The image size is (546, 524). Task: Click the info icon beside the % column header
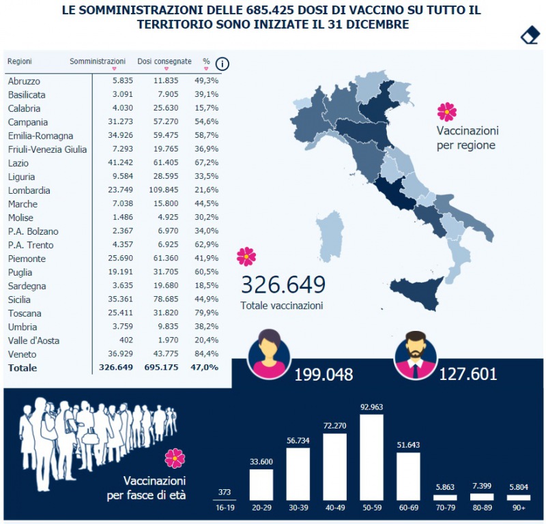pyautogui.click(x=222, y=64)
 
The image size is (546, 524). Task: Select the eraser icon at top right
pyautogui.click(x=530, y=35)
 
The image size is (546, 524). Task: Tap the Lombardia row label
pyautogui.click(x=29, y=190)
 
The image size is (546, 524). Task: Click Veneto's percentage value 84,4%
pyautogui.click(x=207, y=354)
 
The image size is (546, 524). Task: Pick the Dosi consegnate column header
pyautogui.click(x=164, y=61)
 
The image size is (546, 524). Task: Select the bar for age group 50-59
pyautogui.click(x=372, y=457)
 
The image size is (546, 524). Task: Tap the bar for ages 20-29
pyautogui.click(x=261, y=484)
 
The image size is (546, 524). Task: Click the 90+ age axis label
pyautogui.click(x=519, y=508)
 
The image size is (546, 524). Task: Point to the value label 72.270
pyautogui.click(x=335, y=426)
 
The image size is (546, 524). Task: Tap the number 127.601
pyautogui.click(x=468, y=375)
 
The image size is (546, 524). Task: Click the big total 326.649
pyautogui.click(x=283, y=285)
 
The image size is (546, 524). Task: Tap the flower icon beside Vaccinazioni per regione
pyautogui.click(x=446, y=111)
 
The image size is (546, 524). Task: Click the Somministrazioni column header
pyautogui.click(x=98, y=61)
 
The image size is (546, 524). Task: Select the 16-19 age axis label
pyautogui.click(x=225, y=508)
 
